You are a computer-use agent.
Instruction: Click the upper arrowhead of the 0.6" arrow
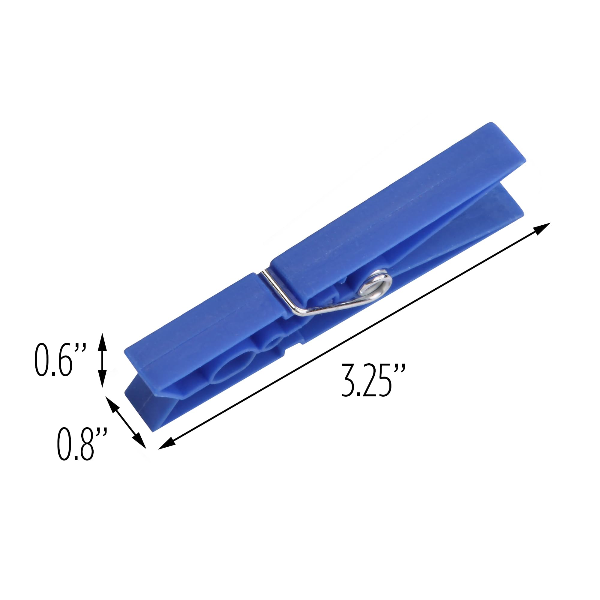point(103,339)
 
